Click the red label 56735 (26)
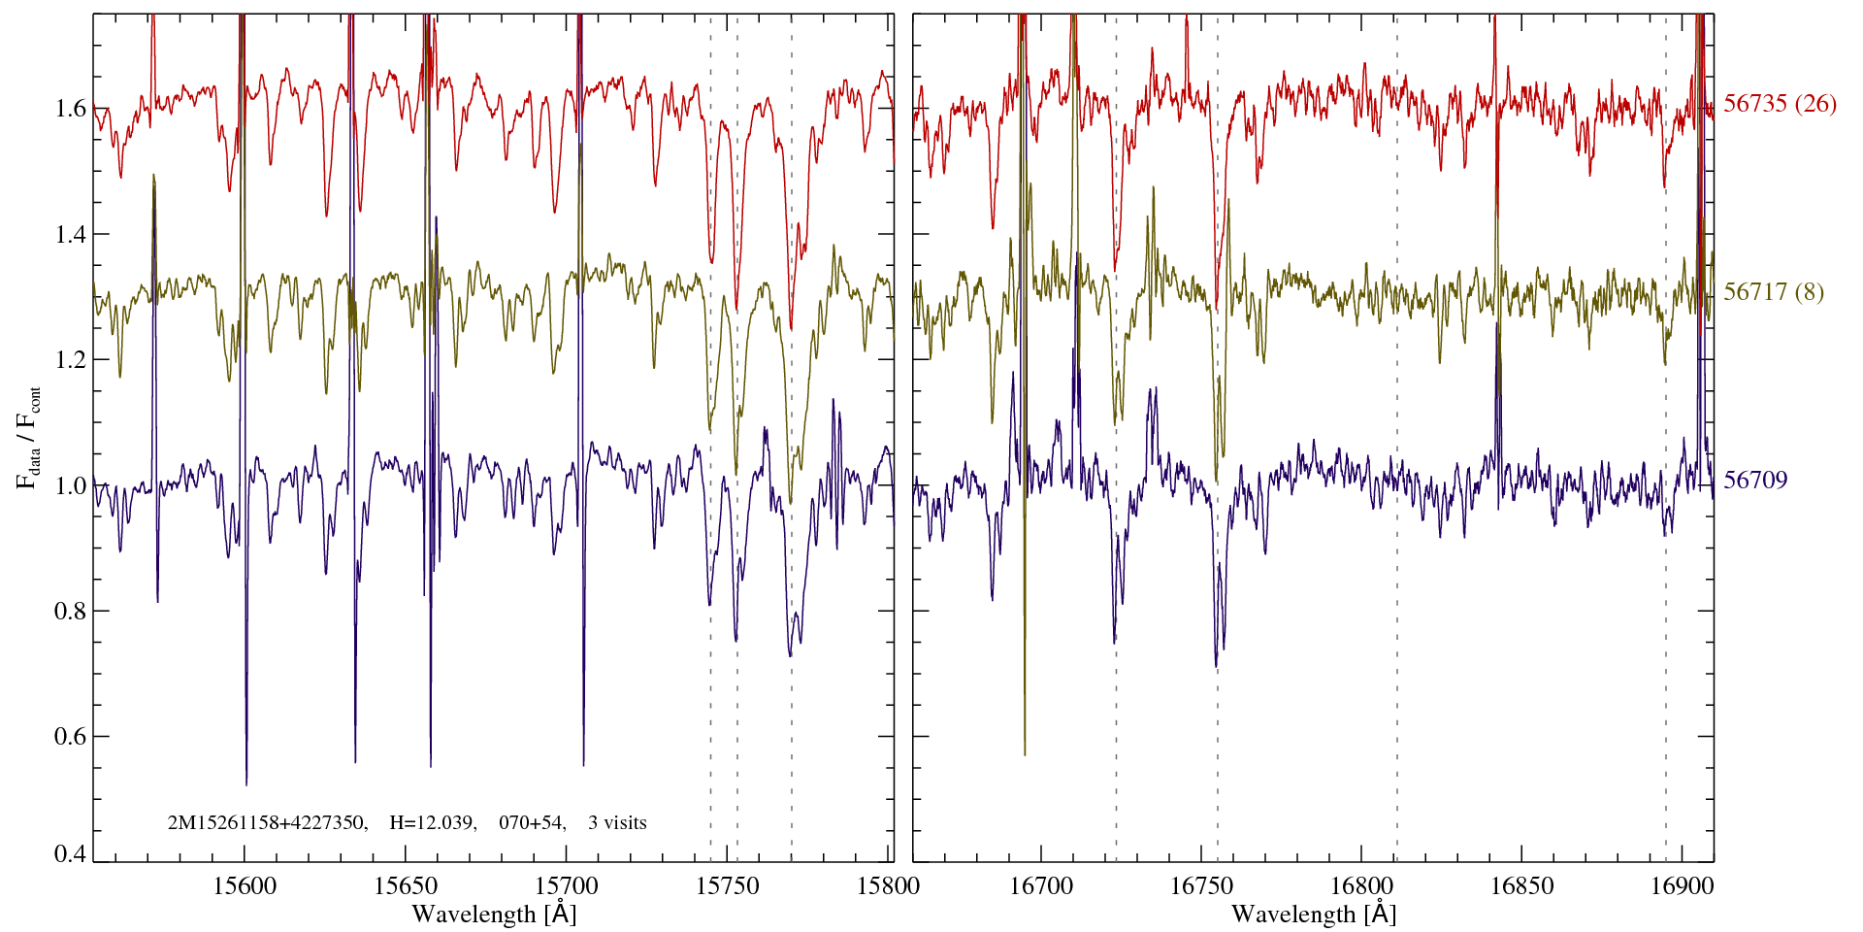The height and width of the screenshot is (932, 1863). click(1780, 104)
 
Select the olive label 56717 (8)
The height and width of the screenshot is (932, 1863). click(1774, 292)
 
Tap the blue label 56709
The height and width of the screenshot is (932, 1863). click(1755, 481)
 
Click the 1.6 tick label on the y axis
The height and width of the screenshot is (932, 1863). click(70, 108)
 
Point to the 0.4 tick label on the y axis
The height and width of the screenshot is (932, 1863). click(70, 854)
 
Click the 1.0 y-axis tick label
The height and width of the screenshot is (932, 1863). click(70, 485)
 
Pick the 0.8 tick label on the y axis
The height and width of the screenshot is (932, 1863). click(70, 611)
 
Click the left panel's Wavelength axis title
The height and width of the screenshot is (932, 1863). click(494, 914)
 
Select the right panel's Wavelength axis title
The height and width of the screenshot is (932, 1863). click(1314, 914)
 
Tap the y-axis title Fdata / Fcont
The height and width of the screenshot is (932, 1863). click(28, 437)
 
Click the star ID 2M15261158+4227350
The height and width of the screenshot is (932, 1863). click(267, 823)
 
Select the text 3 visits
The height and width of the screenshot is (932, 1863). click(617, 823)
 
